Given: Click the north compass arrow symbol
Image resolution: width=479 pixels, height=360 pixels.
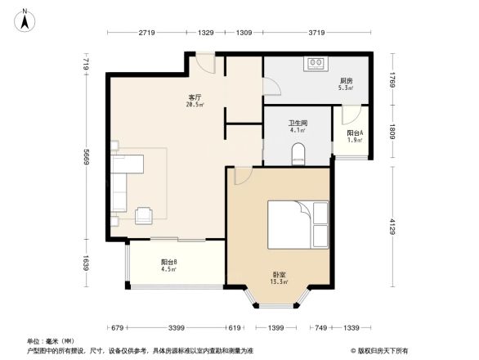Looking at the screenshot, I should tap(26, 18).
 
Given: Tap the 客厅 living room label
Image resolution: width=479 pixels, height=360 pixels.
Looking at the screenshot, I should tap(194, 97).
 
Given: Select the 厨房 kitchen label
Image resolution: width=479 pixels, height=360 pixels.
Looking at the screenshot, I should tap(346, 81).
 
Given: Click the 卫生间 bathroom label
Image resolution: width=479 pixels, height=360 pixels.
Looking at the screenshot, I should tap(297, 122).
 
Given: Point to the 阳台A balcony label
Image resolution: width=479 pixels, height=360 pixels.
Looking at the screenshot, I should tap(354, 133).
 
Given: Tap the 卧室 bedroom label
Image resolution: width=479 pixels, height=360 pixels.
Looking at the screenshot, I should tap(279, 275).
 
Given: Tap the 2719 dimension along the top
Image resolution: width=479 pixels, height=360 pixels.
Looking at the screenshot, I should tap(147, 33).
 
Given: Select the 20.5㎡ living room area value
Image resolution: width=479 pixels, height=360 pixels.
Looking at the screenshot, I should tap(194, 105).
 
